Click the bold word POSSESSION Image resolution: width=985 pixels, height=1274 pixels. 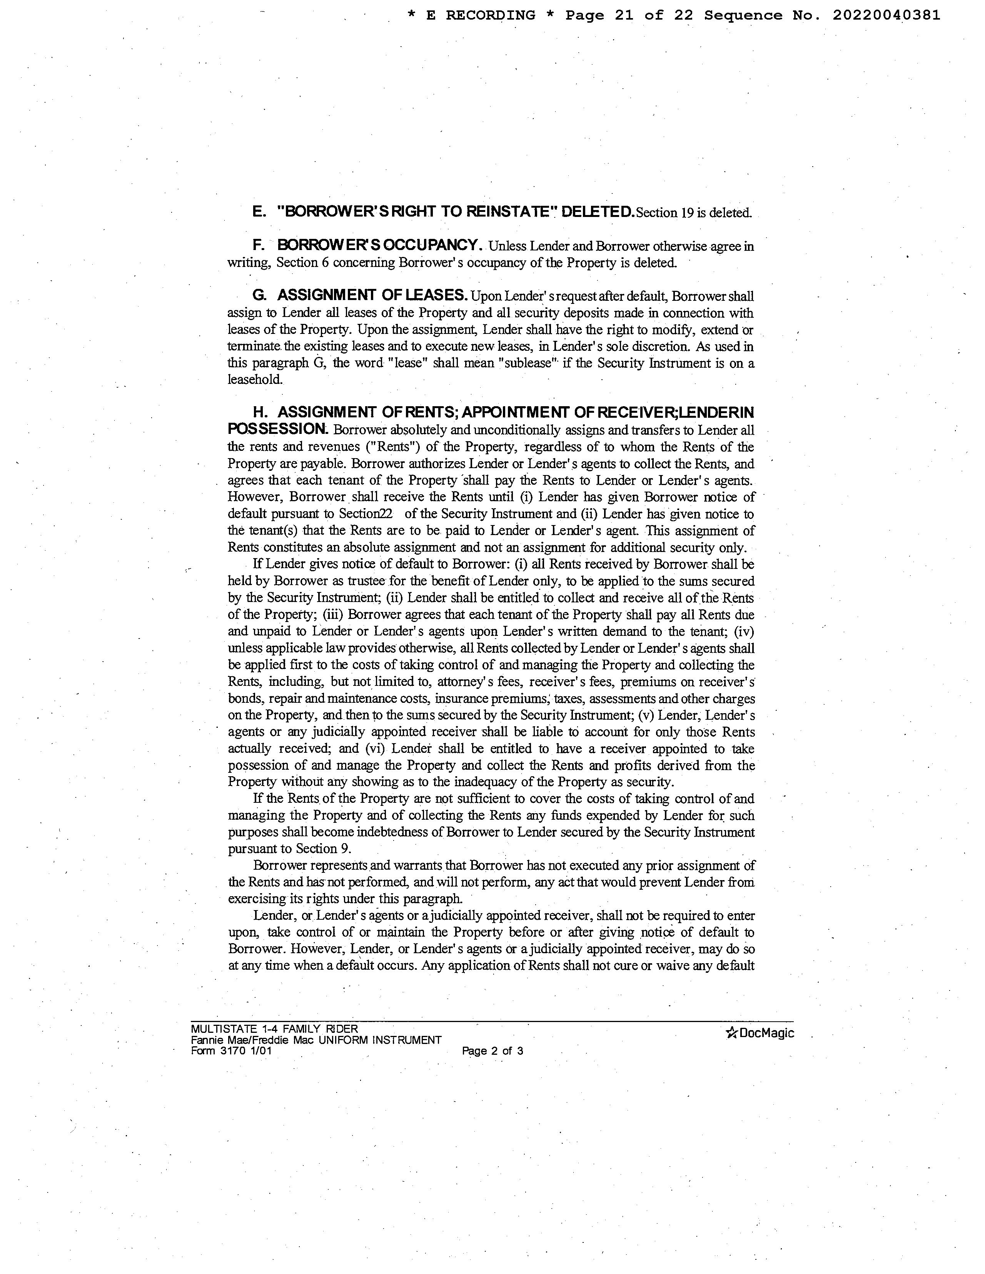pyautogui.click(x=277, y=429)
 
